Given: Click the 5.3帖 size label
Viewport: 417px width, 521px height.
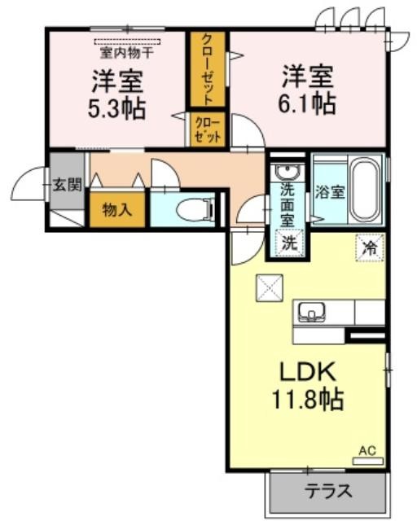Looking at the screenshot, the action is tap(116, 108).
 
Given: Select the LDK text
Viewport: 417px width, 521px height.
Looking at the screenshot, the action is tap(308, 372).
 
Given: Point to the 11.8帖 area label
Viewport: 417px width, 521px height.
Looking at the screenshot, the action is tap(308, 400).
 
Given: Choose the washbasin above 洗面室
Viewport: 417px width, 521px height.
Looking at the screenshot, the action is tap(287, 172).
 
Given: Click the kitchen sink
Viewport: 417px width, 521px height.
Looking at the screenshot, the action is tap(311, 313).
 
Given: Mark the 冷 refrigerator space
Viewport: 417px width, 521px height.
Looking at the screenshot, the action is tap(370, 247).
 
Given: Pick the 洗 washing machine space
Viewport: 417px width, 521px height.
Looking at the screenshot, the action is tap(289, 243).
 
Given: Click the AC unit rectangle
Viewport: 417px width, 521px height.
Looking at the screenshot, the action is tap(368, 462).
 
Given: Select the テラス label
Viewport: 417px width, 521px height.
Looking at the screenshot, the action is tap(328, 491).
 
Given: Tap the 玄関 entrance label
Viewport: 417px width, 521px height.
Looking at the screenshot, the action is tap(67, 185).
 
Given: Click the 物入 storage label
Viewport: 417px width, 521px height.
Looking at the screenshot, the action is tap(117, 210).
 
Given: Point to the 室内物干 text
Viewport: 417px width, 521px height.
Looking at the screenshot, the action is tap(127, 53).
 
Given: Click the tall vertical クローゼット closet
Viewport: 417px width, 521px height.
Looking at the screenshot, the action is tap(208, 69).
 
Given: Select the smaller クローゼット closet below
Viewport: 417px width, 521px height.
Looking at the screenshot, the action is tap(208, 130).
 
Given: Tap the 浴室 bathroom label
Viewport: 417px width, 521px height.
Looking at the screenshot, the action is tap(330, 192).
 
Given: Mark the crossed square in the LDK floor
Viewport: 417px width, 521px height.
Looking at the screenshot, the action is tap(270, 287).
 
